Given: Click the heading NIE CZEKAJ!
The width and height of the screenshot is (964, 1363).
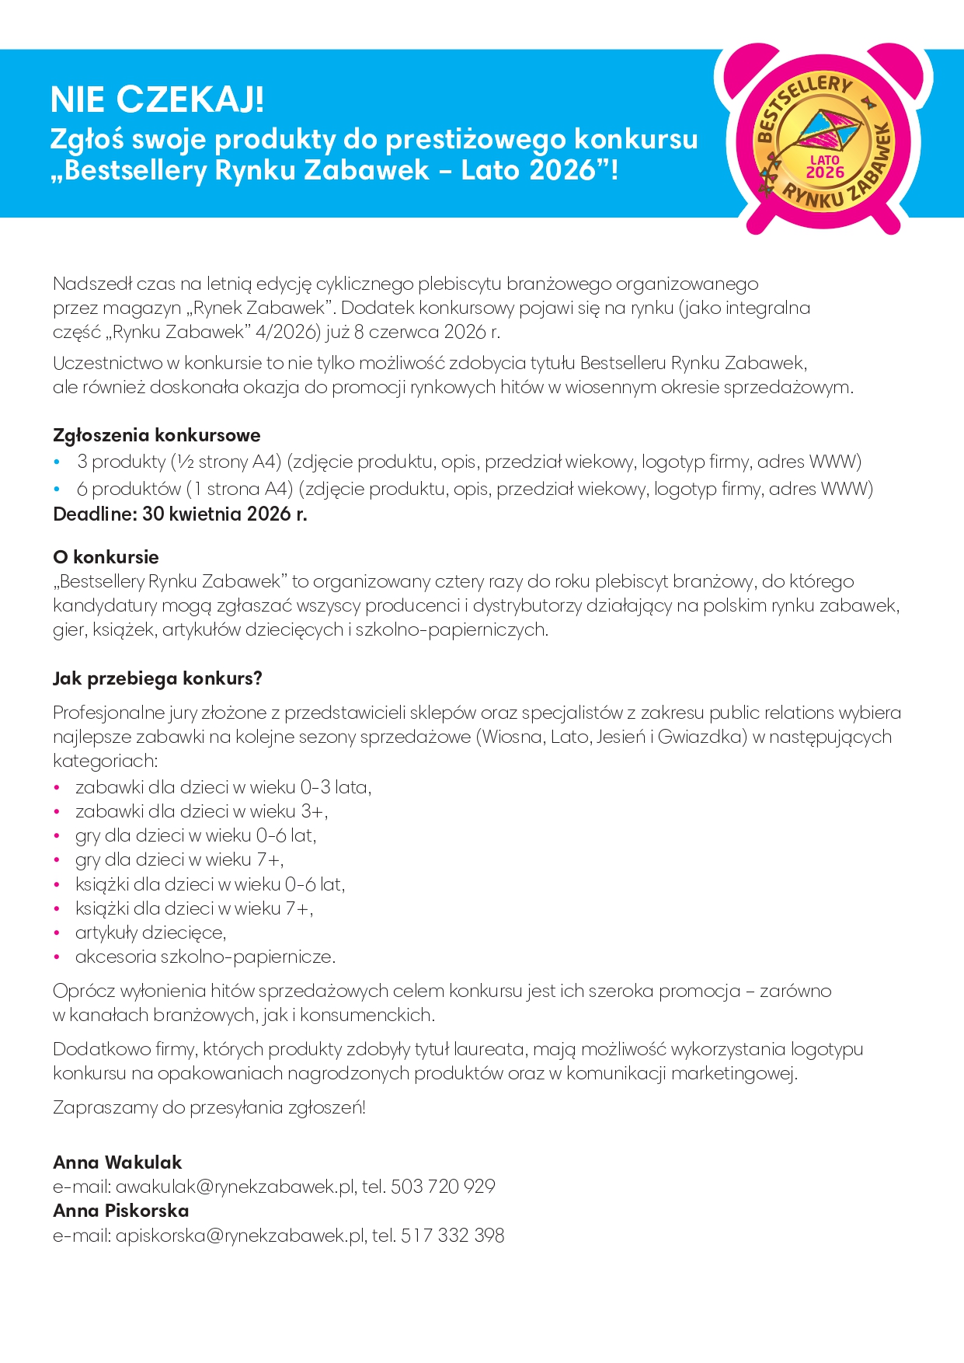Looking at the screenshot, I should (x=157, y=100).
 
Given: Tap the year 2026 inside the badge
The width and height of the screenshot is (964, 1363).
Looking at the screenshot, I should (x=824, y=172).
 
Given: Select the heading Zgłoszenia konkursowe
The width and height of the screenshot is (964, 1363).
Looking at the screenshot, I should (x=156, y=435).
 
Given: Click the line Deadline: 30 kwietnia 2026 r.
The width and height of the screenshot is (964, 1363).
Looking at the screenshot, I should (x=179, y=514).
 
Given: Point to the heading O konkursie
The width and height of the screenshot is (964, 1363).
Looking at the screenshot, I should (x=106, y=557).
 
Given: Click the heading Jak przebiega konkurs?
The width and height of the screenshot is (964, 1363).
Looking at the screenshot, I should (x=157, y=678).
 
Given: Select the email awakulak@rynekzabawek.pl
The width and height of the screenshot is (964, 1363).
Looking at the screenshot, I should (x=235, y=1187).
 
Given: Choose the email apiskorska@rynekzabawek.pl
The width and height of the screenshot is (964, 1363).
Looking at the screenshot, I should (x=240, y=1236).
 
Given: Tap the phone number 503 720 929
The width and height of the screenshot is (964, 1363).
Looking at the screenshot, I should (x=443, y=1187).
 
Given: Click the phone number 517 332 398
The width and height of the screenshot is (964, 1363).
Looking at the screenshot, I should (x=452, y=1236).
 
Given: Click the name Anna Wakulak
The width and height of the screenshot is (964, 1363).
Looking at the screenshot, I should (x=117, y=1163).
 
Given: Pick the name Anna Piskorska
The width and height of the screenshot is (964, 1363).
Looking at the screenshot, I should (x=121, y=1211).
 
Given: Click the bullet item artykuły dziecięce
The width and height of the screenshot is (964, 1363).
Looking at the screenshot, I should (x=151, y=932).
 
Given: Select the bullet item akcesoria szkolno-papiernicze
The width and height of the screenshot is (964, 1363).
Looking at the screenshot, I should (x=205, y=957).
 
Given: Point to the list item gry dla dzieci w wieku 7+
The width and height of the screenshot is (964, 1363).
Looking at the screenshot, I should (x=179, y=859).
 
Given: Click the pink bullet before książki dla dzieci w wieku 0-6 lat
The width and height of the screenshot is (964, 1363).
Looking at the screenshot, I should (x=57, y=884).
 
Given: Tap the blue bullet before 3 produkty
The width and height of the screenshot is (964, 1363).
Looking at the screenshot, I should (x=57, y=462).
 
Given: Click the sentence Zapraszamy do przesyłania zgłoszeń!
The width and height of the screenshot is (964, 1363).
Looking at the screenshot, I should (x=209, y=1107).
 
